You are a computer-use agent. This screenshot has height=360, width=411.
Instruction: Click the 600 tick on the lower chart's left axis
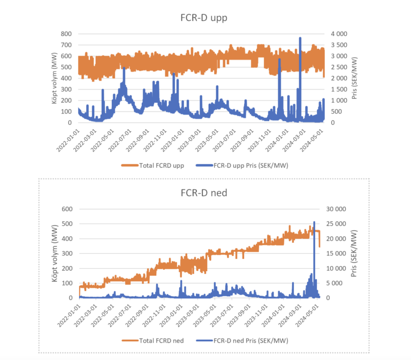coord(68,209)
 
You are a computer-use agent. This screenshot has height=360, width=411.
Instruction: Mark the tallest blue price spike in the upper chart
coord(300,39)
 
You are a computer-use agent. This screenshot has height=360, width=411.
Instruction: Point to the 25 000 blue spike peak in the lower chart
coord(314,222)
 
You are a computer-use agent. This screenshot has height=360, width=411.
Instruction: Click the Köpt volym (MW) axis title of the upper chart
coord(55,78)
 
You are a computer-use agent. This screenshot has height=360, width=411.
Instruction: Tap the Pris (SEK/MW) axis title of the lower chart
coord(354,253)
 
